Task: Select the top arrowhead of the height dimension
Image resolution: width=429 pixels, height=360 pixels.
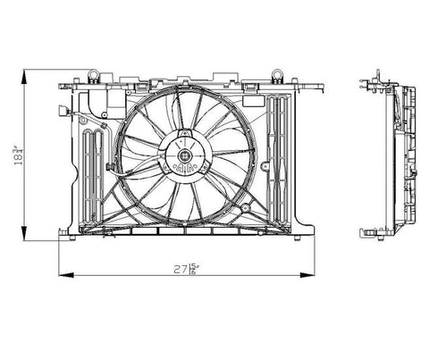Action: [28, 75]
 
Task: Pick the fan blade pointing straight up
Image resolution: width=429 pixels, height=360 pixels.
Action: [186, 111]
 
